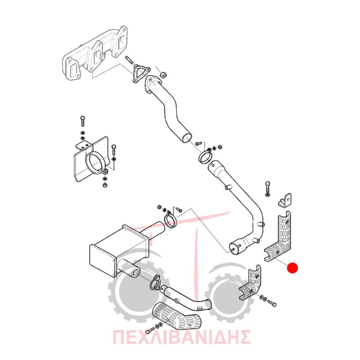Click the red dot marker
coord(292,268)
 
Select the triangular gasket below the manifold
coord(141,73)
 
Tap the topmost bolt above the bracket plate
coord(83,121)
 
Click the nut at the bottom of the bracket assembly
coord(104,184)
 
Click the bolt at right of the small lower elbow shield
coord(272,303)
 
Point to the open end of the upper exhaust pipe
coord(186,138)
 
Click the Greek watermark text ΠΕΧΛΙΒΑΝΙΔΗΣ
coord(181,337)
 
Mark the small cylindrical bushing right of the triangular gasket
coord(163,75)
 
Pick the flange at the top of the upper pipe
coord(152,84)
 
